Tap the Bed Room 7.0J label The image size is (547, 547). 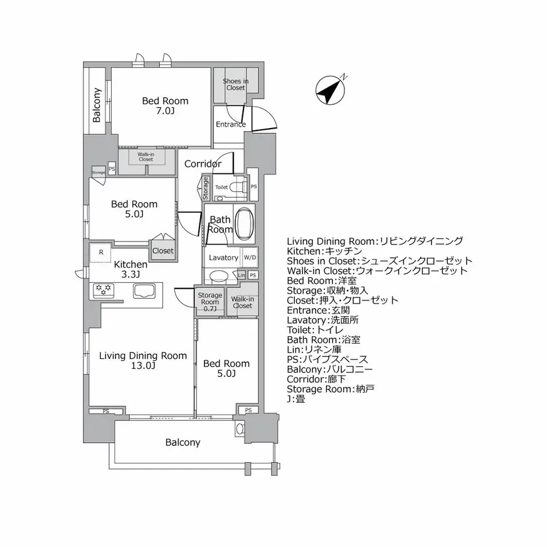[165, 106]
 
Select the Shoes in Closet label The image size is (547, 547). [235, 84]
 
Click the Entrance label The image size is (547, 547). [230, 124]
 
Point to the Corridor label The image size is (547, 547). [202, 164]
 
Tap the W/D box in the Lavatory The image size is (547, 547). [250, 258]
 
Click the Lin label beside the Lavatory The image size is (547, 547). [242, 275]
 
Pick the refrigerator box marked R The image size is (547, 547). [100, 252]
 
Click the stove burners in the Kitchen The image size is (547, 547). [103, 290]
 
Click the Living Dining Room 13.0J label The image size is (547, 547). [142, 361]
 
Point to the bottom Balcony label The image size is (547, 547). [183, 442]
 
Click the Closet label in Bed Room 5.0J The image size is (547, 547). [162, 250]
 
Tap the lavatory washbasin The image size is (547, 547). [219, 275]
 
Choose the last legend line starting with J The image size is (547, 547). [296, 398]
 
